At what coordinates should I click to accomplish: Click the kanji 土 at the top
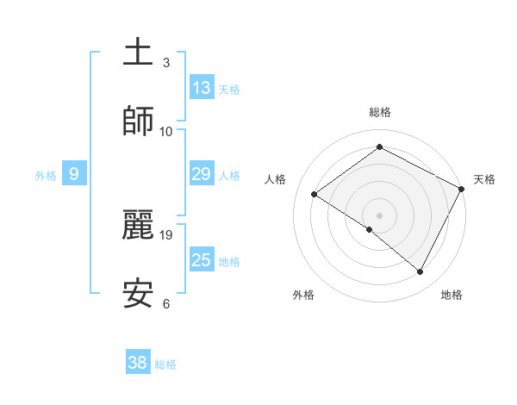[x=138, y=52]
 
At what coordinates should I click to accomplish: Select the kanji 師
[x=138, y=121]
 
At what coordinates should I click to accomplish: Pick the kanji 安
[x=138, y=293]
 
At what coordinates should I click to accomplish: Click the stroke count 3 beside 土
[x=166, y=62]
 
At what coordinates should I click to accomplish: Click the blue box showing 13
[x=202, y=87]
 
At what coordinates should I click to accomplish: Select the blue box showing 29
[x=202, y=174]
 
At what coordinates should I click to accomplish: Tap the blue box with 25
[x=202, y=260]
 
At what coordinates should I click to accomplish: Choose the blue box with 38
[x=138, y=363]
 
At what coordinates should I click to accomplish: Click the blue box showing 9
[x=74, y=174]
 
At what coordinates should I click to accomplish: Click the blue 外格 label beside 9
[x=46, y=175]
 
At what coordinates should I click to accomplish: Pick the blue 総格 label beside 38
[x=165, y=364]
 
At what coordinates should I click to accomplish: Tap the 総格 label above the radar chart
[x=379, y=112]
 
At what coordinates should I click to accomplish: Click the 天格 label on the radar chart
[x=484, y=179]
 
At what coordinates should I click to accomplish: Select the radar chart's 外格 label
[x=303, y=295]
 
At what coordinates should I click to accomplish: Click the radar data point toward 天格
[x=462, y=189]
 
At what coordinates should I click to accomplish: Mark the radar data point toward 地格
[x=420, y=272]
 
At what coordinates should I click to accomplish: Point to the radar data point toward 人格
[x=315, y=195]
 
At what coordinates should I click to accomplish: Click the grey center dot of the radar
[x=379, y=215]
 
